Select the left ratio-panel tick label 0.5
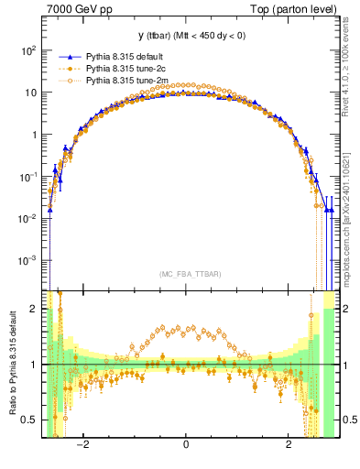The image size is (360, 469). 29,420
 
